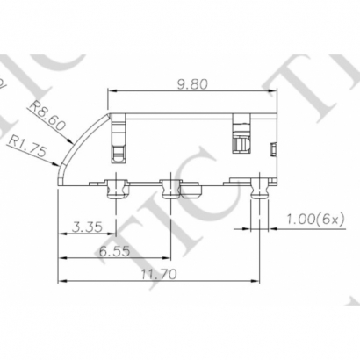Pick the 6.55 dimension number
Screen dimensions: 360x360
coord(114,251)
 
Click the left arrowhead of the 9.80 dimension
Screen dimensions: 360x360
coord(112,92)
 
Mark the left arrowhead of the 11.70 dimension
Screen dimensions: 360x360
coord(61,282)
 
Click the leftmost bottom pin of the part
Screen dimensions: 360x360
coord(114,187)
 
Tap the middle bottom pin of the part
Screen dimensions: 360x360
coord(170,187)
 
